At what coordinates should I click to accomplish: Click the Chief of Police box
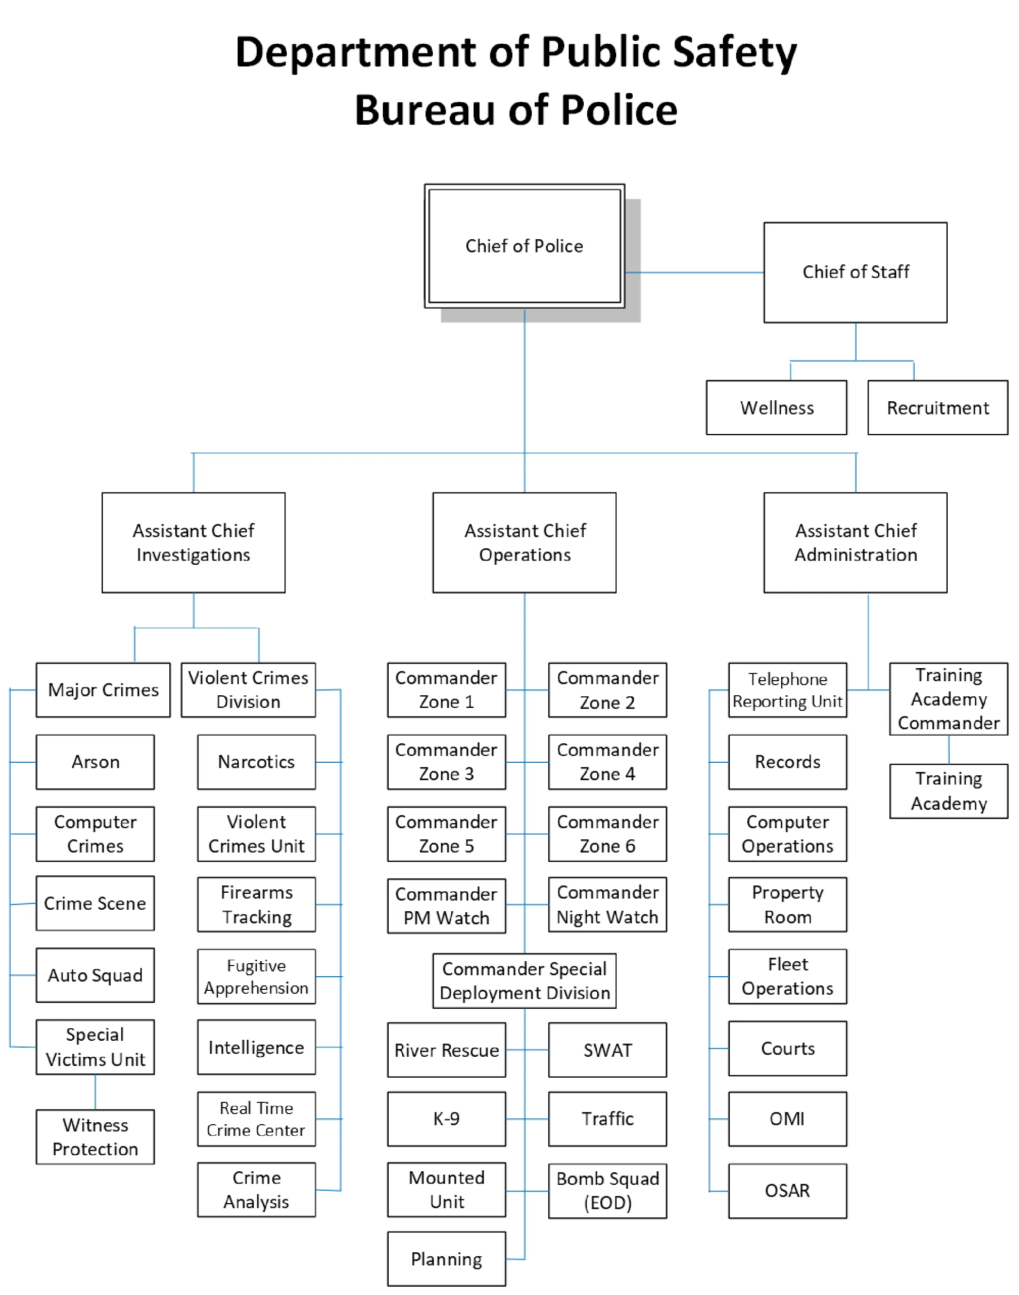tap(524, 246)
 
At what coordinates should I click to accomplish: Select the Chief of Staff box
tap(855, 272)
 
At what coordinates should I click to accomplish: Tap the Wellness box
tap(776, 408)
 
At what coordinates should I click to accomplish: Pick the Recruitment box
tap(937, 408)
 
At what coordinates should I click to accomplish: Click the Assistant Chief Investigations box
tap(193, 542)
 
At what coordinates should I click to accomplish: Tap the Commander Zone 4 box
tap(608, 762)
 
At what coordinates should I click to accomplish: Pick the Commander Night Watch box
tap(608, 904)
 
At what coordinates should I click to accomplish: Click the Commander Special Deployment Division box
tap(524, 981)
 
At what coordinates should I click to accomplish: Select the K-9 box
tap(446, 1118)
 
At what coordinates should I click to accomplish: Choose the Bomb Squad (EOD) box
tap(608, 1190)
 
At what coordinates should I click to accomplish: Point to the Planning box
tap(446, 1259)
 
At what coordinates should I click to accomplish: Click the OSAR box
tap(787, 1190)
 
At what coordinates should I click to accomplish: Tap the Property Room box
tap(787, 904)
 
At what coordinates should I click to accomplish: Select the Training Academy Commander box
tap(948, 699)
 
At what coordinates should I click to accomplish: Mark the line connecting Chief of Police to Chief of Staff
tap(694, 273)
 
